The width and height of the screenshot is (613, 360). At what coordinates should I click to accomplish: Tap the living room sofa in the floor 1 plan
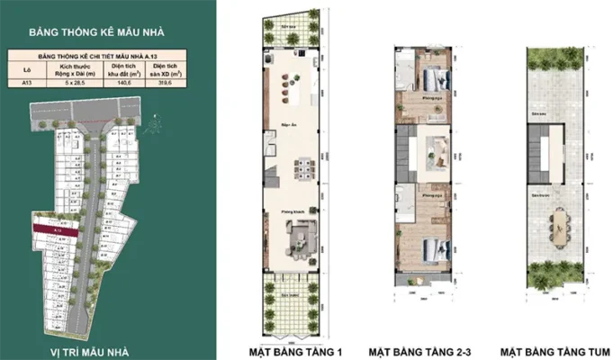[298, 236]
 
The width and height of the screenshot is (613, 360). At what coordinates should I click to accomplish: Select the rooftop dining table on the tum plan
[561, 225]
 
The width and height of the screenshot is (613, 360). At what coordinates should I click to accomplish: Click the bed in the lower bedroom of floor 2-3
[428, 247]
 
